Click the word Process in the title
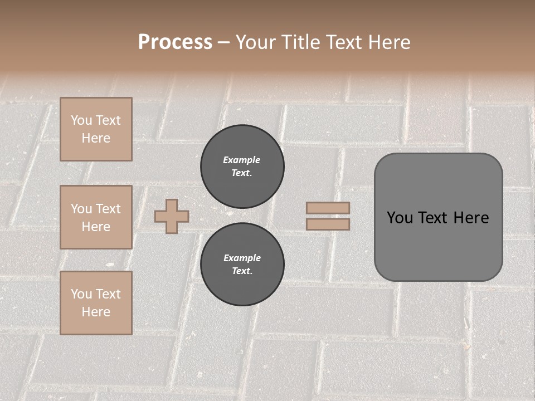coord(175,42)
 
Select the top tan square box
coord(96,129)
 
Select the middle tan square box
coord(96,217)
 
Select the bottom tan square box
coord(96,303)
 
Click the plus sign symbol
coord(172,216)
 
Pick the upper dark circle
coord(242,167)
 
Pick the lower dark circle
coord(242,265)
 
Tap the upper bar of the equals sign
coord(328,208)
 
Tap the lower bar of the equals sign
coord(328,224)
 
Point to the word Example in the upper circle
coord(242,160)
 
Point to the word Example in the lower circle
coord(242,258)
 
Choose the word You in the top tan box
coord(81,120)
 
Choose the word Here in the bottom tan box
coord(96,312)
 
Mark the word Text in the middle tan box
coord(108,209)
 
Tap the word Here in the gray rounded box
coord(471,218)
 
